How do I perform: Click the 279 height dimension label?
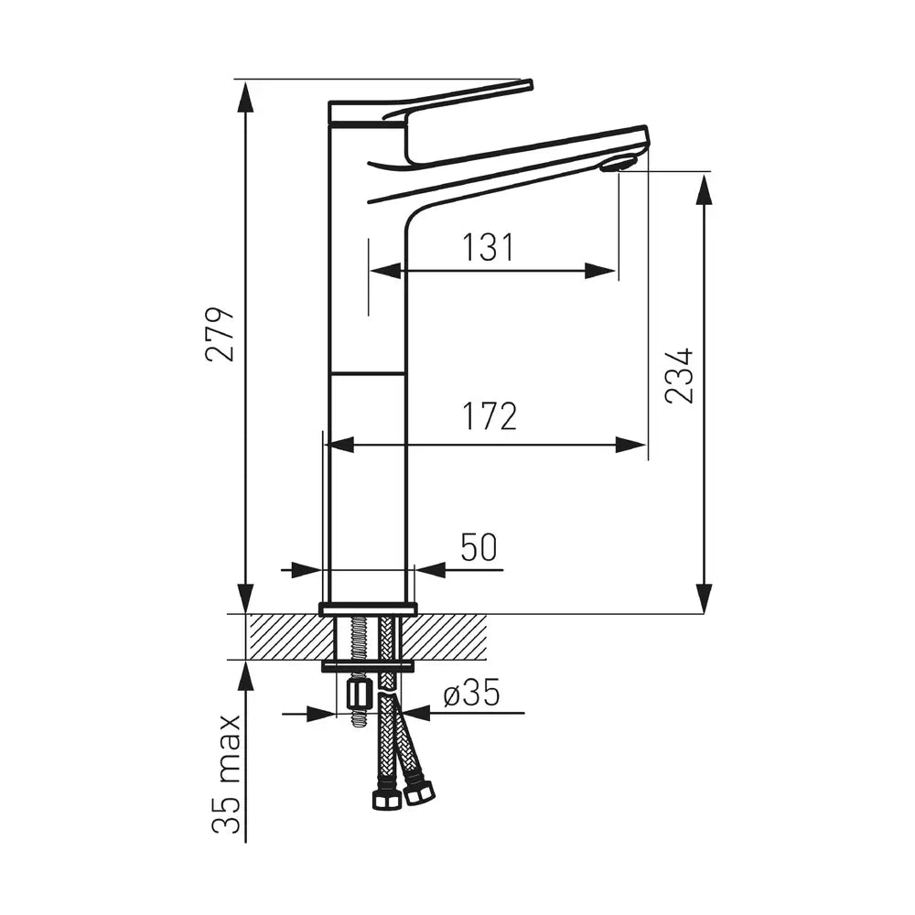[x=221, y=333]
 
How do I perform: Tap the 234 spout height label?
[x=679, y=375]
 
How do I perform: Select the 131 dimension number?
[x=488, y=247]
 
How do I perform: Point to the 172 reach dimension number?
[x=490, y=415]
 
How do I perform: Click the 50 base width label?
[x=479, y=547]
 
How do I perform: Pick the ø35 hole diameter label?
[x=471, y=694]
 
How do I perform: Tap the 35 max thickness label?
[x=226, y=774]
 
